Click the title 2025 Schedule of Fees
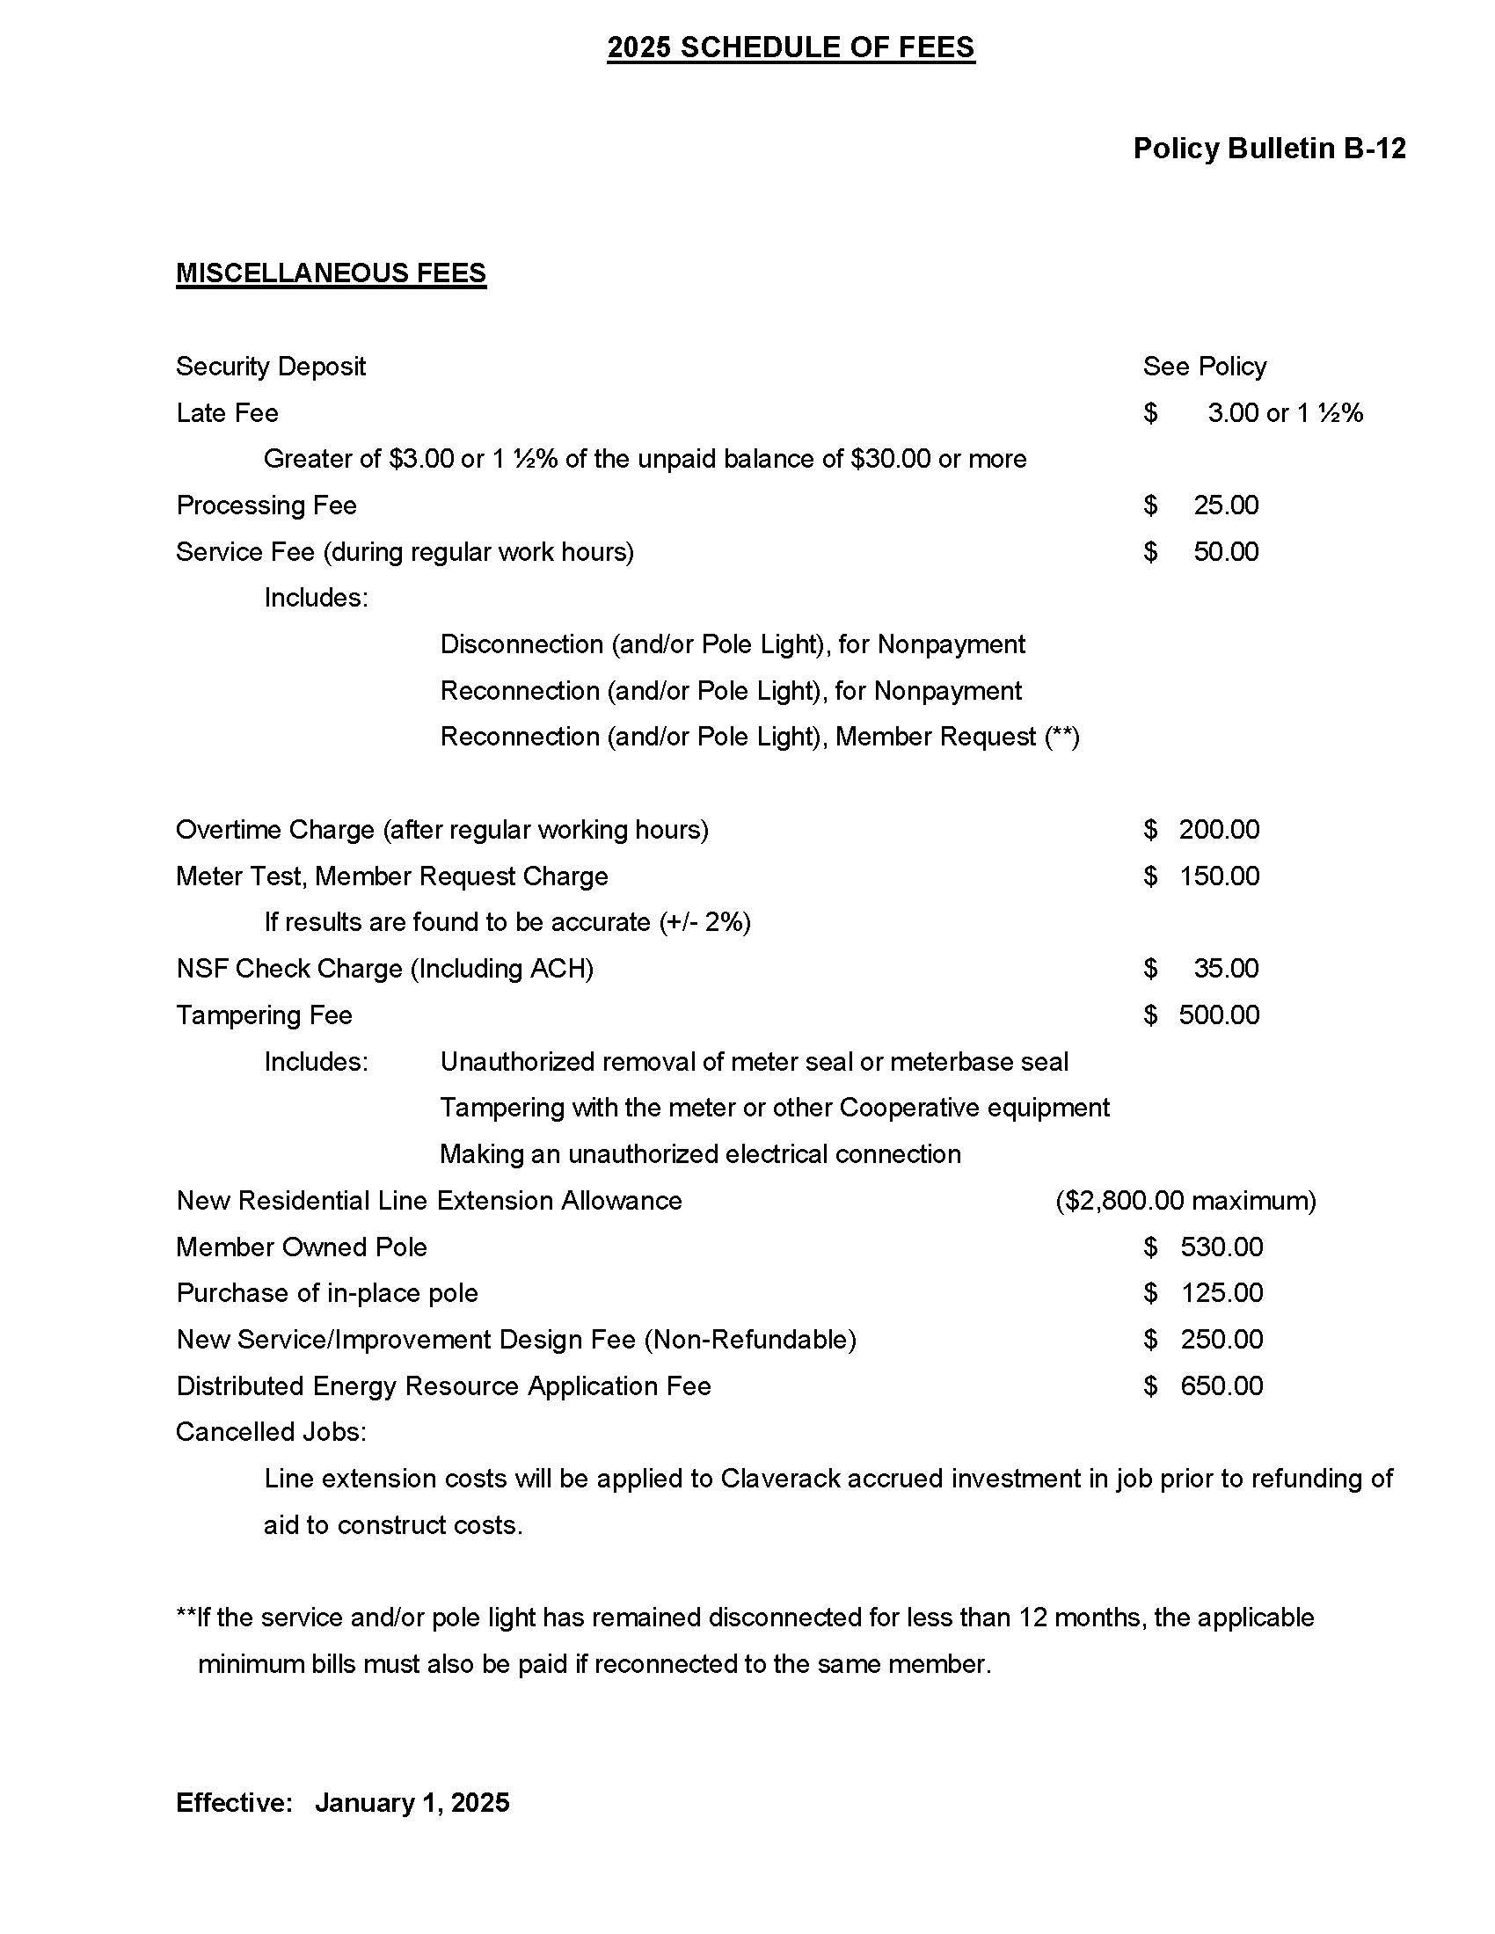pos(790,47)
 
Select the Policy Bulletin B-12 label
pos(1268,149)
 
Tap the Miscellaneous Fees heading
pos(332,273)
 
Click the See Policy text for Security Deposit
pos(1204,367)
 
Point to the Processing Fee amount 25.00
pos(1225,505)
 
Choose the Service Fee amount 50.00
pos(1225,553)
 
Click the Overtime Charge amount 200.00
pos(1218,830)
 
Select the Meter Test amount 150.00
pos(1218,876)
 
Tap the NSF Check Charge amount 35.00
pos(1225,969)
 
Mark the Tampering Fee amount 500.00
pos(1218,1014)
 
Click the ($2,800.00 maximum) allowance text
pos(1185,1201)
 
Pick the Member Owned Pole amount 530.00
pos(1221,1247)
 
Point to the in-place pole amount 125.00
pos(1221,1294)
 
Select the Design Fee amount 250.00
pos(1221,1340)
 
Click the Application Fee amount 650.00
pos(1221,1385)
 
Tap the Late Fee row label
pos(228,413)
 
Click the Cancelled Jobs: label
pos(271,1432)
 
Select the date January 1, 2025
pos(412,1803)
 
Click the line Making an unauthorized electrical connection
pos(700,1155)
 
